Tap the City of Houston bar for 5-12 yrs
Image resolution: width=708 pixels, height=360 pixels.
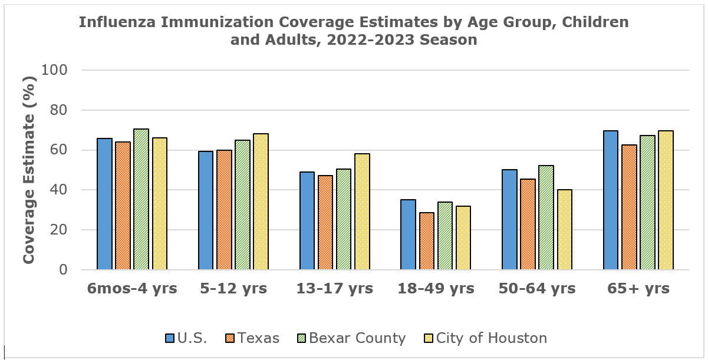point(261,202)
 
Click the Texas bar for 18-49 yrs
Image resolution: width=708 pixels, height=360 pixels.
point(427,241)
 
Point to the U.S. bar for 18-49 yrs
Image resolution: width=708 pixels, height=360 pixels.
point(408,235)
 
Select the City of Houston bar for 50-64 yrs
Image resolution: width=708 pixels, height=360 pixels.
point(564,229)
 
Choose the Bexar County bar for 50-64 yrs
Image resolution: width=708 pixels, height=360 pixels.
point(546,217)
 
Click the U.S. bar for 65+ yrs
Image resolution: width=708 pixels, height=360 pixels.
point(611,200)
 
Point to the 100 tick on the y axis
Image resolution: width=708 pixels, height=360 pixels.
point(55,70)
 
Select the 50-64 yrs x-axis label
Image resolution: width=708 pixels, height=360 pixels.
point(537,289)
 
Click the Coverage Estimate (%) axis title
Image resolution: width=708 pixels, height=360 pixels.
point(29,170)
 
